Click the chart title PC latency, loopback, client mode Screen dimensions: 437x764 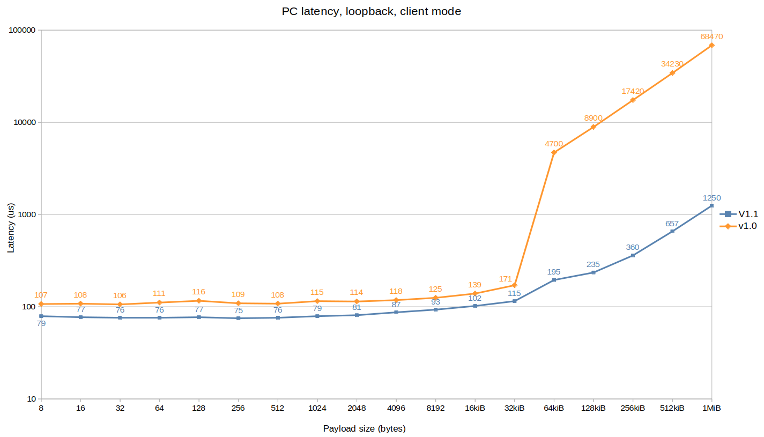pos(371,11)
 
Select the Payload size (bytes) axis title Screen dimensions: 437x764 pos(364,428)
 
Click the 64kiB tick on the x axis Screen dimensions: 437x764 pos(554,408)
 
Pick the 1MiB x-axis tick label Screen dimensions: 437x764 pos(711,408)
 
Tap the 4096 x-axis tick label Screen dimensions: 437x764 pos(396,408)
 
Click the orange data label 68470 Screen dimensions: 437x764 pos(711,36)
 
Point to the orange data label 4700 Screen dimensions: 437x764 pos(554,144)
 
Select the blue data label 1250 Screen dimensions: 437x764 pos(711,197)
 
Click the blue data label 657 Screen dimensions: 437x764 pos(672,224)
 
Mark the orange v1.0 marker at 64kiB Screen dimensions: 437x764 pos(554,153)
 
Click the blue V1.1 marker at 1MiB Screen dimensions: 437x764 pos(711,205)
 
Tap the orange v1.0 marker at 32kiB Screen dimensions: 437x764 pos(515,285)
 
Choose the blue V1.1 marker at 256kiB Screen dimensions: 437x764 pos(633,255)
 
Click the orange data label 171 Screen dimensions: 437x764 pos(515,279)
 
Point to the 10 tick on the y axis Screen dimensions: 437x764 pos(31,399)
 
